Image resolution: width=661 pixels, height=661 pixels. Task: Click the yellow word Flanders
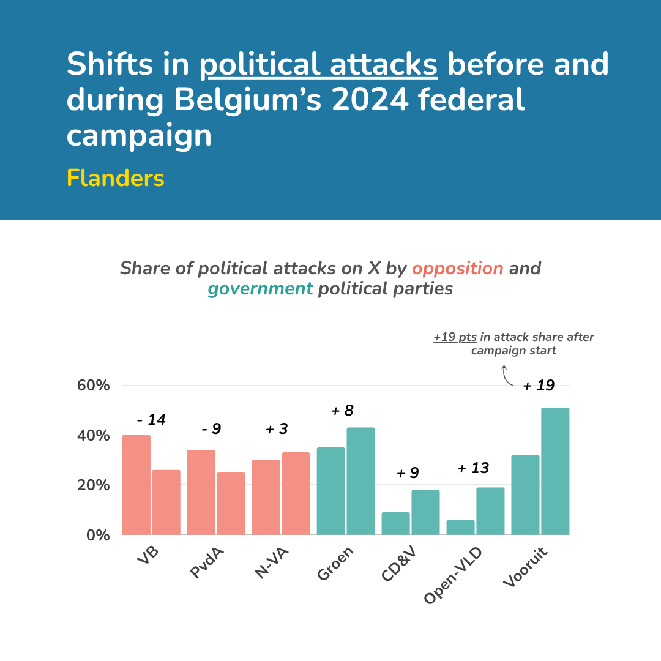(x=116, y=178)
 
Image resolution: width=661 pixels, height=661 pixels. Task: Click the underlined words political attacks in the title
(x=318, y=65)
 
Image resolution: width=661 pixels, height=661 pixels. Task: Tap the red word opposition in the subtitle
(x=457, y=268)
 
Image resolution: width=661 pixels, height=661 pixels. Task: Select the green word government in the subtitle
(x=260, y=288)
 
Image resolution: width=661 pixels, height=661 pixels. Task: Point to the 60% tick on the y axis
(x=93, y=386)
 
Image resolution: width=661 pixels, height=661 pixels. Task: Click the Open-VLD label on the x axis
(x=453, y=575)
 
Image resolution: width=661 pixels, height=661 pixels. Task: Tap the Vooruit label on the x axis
(x=526, y=567)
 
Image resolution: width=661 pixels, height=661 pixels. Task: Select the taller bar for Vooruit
(x=555, y=471)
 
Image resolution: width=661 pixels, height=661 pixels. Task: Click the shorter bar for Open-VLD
(x=460, y=527)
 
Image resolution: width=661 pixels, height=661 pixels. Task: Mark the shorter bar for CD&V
(x=395, y=523)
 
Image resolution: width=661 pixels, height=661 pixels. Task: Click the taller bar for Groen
(x=360, y=481)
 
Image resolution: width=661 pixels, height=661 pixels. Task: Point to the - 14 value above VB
(x=151, y=420)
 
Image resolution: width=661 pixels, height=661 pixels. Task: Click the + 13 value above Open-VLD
(x=473, y=469)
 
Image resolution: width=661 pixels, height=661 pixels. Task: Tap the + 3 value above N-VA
(x=277, y=429)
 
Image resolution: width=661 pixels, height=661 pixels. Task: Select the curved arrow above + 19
(x=507, y=376)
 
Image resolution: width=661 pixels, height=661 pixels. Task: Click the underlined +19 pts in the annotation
(x=455, y=337)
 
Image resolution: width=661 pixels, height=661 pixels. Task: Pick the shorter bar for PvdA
(x=231, y=503)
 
